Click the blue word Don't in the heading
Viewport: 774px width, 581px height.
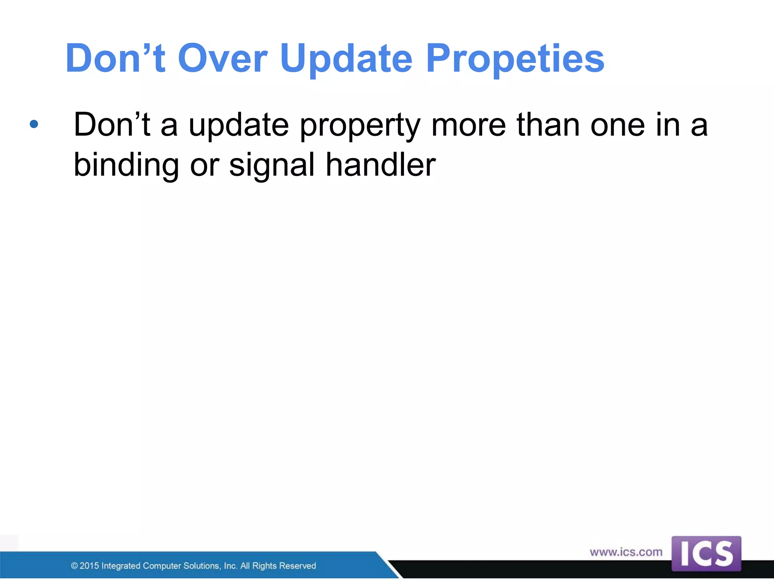(115, 59)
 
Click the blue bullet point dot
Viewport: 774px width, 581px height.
(34, 124)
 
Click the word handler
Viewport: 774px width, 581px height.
(381, 165)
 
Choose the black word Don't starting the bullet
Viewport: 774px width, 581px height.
(112, 125)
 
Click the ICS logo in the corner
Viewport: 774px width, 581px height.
(706, 554)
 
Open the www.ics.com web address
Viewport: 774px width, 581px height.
(626, 552)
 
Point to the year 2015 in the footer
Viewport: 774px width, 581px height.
(89, 566)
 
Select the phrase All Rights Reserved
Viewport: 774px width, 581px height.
(278, 566)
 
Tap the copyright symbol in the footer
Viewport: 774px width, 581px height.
(74, 566)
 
